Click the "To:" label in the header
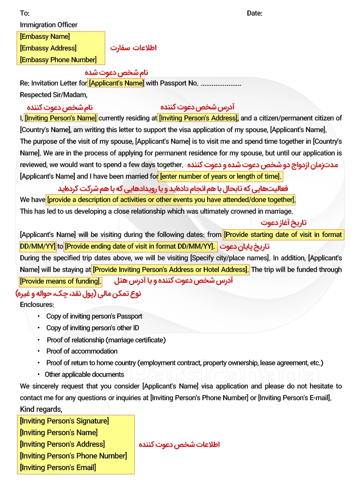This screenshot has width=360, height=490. coord(24,13)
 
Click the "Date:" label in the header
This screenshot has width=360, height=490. coord(254,13)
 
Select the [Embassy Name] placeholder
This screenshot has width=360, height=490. coord(45,36)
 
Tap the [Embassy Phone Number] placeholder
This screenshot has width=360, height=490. coord(58,60)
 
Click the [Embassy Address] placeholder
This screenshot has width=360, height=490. coord(48,48)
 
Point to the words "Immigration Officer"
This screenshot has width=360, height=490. coord(49,25)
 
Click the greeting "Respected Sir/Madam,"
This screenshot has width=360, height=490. coord(53,95)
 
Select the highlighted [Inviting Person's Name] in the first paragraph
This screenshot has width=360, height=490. coord(61,118)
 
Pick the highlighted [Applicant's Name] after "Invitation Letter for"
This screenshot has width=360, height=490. coord(116,83)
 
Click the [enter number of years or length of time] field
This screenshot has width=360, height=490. coord(221,176)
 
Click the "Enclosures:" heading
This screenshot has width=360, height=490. coord(37,304)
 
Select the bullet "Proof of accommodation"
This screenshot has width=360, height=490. coord(82,351)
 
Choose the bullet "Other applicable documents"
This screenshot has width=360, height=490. coord(84,374)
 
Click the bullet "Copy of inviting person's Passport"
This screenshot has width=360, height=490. coord(94,316)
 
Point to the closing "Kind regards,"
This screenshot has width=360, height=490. coord(41,409)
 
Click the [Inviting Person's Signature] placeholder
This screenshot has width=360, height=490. coord(64,421)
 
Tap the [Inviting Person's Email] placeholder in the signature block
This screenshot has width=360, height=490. coord(58,468)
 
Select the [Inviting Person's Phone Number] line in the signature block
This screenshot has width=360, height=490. coord(73,456)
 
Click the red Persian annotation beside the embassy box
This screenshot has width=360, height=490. coord(133,48)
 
